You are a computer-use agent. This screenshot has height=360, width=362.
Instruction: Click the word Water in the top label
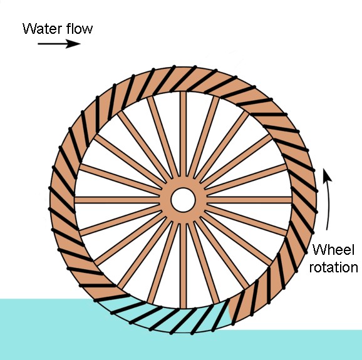[x=42, y=29]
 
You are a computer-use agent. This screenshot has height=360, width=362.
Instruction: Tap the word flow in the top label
[x=80, y=28]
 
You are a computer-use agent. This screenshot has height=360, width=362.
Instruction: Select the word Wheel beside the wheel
[x=333, y=249]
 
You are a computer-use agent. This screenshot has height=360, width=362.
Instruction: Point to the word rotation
[x=334, y=267]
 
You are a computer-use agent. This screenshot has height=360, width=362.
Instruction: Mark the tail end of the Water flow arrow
[x=38, y=43]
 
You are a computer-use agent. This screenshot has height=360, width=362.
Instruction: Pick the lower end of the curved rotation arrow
[x=327, y=230]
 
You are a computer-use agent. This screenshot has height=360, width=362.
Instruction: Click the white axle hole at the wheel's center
[x=183, y=200]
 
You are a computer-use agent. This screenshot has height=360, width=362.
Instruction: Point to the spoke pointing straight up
[x=183, y=135]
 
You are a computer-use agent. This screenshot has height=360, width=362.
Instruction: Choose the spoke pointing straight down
[x=184, y=265]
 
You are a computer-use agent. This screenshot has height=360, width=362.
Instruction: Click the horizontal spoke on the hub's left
[x=117, y=200]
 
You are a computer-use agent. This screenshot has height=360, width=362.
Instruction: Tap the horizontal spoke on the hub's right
[x=249, y=200]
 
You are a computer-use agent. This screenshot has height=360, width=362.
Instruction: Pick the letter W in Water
[x=29, y=29]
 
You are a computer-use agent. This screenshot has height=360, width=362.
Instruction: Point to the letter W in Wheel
[x=319, y=249]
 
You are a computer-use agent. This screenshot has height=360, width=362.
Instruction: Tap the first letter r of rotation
[x=312, y=269]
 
